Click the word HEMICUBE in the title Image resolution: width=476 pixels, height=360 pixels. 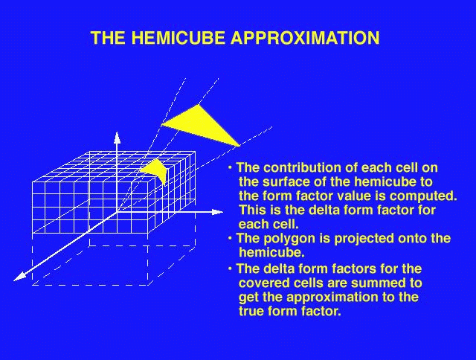[x=178, y=38]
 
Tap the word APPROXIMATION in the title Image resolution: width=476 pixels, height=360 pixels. [x=305, y=38]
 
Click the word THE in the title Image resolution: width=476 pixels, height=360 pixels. [x=109, y=38]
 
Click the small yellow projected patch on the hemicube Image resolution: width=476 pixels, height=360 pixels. [x=156, y=170]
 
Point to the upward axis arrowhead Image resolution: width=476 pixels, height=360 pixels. [x=118, y=138]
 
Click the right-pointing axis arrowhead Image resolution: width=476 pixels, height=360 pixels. [x=217, y=212]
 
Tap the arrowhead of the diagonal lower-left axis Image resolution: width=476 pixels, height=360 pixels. [x=19, y=276]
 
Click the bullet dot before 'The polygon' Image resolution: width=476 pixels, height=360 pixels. [x=230, y=238]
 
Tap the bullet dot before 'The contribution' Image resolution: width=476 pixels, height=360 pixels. [x=230, y=167]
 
